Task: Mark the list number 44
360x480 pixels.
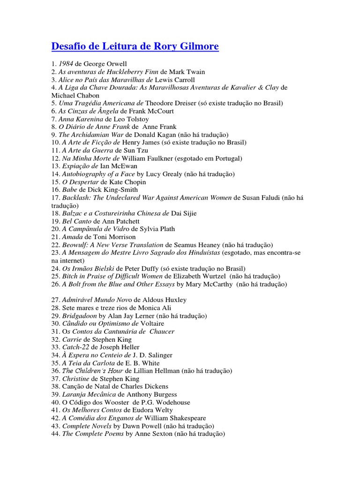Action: click(55, 434)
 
